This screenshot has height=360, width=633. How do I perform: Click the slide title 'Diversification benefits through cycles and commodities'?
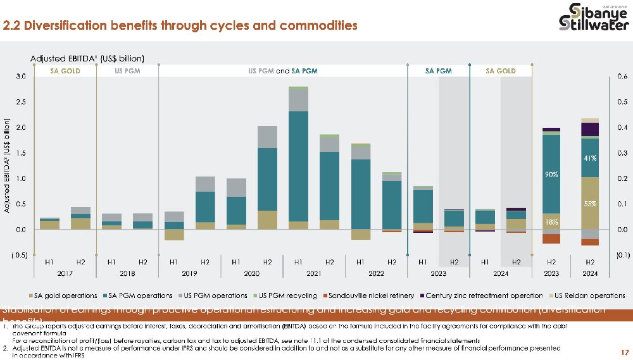point(180,25)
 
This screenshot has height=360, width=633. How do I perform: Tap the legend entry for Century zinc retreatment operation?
point(484,295)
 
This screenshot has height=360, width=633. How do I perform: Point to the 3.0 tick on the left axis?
point(21,77)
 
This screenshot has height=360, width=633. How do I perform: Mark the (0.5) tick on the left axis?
point(20,255)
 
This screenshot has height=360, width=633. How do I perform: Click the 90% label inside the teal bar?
point(551,173)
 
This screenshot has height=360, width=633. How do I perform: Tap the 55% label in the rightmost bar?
point(590,204)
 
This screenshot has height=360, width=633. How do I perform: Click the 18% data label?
point(551,222)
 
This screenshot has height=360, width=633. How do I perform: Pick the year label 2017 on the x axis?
point(65,273)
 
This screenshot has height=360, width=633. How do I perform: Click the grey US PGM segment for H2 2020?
point(267,137)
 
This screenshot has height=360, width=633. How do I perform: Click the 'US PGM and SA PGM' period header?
point(282,71)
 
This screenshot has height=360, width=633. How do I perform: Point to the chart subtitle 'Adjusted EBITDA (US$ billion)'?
point(87,58)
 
